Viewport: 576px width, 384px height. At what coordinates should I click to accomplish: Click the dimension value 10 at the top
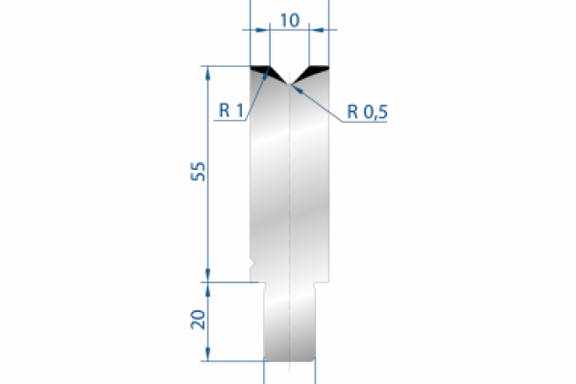pos(289,19)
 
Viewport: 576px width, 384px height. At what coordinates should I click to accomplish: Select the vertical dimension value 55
pos(197,174)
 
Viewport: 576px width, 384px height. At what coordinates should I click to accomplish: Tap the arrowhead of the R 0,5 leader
pos(296,86)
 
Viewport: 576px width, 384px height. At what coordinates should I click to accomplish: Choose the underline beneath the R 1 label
pos(230,120)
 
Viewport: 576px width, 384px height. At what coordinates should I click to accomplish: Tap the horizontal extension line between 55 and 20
pos(230,282)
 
